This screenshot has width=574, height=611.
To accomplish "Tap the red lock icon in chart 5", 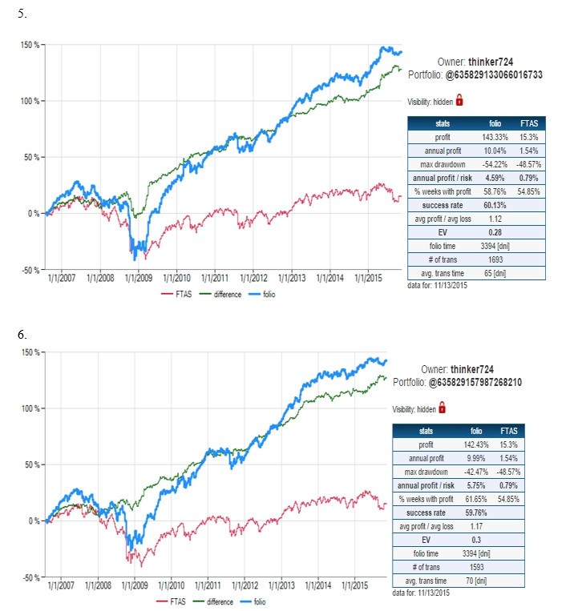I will pyautogui.click(x=460, y=100).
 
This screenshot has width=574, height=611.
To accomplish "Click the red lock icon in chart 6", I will pyautogui.click(x=442, y=408).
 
